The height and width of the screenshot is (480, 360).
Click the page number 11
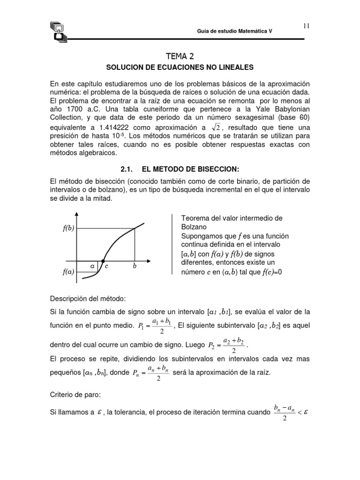pyautogui.click(x=306, y=26)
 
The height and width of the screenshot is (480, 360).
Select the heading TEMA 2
pyautogui.click(x=180, y=56)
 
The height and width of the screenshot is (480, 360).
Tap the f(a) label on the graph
pyautogui.click(x=69, y=271)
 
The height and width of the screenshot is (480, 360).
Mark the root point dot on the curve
pyautogui.click(x=103, y=261)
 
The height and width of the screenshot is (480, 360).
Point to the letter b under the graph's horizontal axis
pyautogui.click(x=135, y=266)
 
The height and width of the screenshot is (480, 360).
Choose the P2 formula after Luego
pyautogui.click(x=226, y=346)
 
